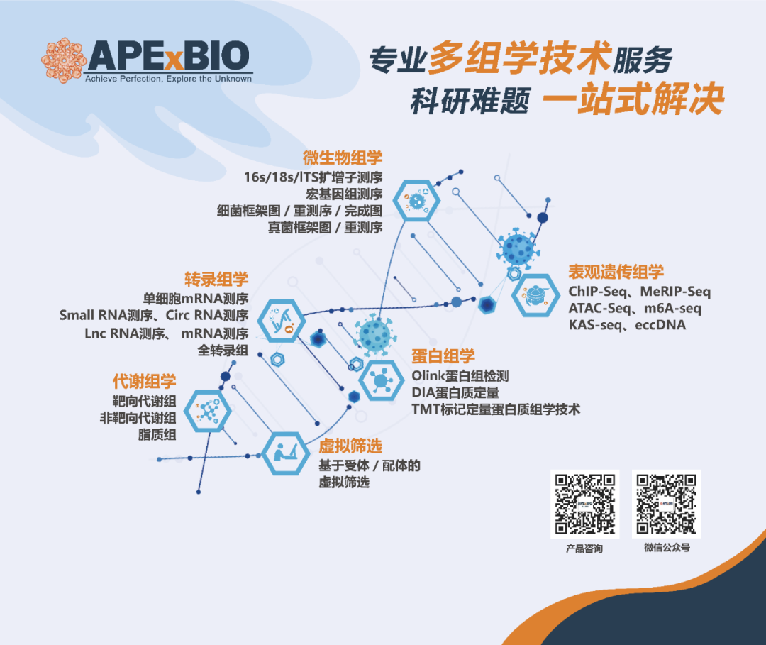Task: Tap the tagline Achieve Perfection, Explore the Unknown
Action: [169, 79]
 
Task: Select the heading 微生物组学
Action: [343, 158]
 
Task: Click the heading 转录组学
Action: [216, 280]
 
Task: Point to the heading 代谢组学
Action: [145, 381]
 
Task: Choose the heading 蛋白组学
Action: [443, 356]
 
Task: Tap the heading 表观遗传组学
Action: [616, 272]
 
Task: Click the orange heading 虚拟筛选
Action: [350, 446]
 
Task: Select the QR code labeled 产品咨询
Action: [584, 504]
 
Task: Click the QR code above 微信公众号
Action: [666, 504]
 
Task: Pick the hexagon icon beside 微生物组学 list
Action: [417, 200]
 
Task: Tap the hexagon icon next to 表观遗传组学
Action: [536, 295]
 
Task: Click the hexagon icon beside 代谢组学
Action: [210, 411]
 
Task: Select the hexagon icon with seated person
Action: [286, 454]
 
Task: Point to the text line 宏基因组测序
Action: [345, 194]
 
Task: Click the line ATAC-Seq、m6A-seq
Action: [635, 309]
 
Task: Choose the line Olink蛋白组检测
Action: [460, 376]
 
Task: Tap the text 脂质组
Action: [157, 434]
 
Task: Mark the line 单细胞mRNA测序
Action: [196, 298]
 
